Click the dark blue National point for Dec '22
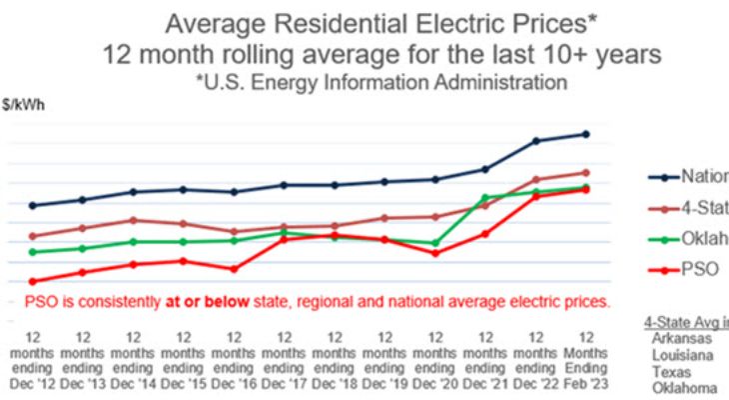coord(536,141)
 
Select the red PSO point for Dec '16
coord(234,269)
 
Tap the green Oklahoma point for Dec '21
coord(485,197)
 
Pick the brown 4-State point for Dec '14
coord(133,220)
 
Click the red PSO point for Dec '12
coord(32,281)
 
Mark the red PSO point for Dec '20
coord(435,253)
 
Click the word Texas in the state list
coord(671,370)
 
